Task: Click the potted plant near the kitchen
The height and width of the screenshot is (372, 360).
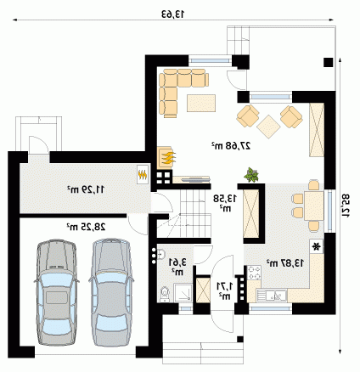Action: [x=251, y=174]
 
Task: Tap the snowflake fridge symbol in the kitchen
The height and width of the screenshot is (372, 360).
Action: [x=317, y=246]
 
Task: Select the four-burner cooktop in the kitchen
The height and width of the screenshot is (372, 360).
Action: [x=254, y=273]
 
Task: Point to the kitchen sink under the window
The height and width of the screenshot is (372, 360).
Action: [x=272, y=296]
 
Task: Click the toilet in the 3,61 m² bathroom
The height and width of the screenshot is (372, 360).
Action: [x=164, y=293]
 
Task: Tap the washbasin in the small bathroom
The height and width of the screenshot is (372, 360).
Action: [x=161, y=254]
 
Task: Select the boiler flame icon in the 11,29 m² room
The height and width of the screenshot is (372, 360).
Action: [x=143, y=175]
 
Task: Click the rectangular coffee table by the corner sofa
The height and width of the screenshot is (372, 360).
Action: [x=201, y=103]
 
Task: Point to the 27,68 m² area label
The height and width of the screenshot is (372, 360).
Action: [x=231, y=145]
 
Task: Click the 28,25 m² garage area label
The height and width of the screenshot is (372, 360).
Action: [x=86, y=227]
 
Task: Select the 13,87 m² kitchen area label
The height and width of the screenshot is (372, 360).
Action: [x=284, y=263]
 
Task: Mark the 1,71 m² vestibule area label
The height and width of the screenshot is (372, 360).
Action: [x=225, y=290]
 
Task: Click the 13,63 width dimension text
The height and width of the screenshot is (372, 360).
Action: [x=172, y=14]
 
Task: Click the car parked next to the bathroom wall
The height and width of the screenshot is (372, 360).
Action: [x=110, y=292]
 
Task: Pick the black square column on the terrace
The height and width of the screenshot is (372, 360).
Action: [x=329, y=62]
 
